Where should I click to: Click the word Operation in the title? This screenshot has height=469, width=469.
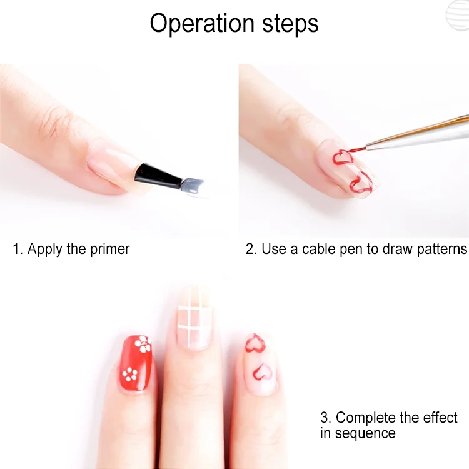[x=202, y=24]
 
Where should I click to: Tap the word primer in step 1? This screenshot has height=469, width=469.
[x=110, y=250]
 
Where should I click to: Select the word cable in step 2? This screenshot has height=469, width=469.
[x=318, y=249]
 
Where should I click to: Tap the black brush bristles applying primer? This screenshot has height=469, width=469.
[x=157, y=174]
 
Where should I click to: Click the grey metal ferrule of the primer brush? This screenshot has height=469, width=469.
[x=193, y=186]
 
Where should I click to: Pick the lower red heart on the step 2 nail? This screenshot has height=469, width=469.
[x=360, y=183]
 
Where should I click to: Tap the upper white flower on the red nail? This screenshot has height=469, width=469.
[x=143, y=344]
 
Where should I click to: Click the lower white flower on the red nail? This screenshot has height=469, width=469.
[x=130, y=375]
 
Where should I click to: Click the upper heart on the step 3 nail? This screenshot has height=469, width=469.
[x=255, y=343]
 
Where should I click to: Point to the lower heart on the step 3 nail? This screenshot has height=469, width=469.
[x=263, y=373]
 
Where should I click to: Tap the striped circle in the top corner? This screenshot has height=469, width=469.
[x=458, y=15]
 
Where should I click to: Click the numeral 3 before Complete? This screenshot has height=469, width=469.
[x=324, y=418]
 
